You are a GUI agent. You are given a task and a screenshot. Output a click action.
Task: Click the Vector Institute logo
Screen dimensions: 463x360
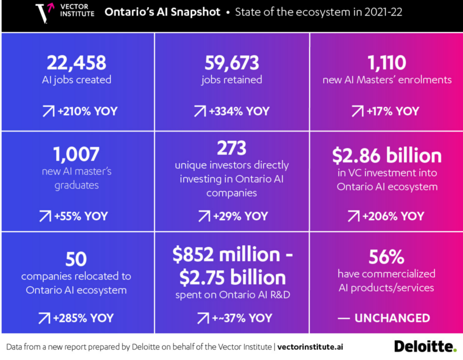(x=65, y=12)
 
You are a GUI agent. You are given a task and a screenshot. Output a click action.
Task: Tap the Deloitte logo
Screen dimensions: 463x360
(x=425, y=346)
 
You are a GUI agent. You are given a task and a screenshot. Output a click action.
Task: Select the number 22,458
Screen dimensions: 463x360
(x=76, y=63)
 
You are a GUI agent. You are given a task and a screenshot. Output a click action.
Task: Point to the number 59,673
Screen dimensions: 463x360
(x=232, y=63)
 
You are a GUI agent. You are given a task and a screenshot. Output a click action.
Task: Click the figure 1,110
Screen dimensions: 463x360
(x=387, y=62)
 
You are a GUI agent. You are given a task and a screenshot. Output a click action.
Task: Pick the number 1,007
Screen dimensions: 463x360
(x=76, y=154)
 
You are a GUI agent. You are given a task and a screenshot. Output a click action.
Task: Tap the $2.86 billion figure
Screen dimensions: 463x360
(x=387, y=156)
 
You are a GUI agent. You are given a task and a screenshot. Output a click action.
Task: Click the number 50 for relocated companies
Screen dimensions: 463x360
(x=76, y=259)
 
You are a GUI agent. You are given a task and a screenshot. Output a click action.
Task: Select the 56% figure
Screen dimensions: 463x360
(x=387, y=256)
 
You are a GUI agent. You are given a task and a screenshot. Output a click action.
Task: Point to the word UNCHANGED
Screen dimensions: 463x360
(x=392, y=318)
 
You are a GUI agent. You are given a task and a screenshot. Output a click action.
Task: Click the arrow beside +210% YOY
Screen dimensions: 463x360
(x=48, y=111)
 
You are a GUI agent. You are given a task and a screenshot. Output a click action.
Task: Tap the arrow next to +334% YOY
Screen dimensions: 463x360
(x=200, y=111)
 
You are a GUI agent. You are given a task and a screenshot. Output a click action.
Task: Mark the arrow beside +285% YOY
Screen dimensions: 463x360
(x=44, y=318)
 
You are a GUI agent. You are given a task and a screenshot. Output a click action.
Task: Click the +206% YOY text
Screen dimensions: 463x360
(x=393, y=216)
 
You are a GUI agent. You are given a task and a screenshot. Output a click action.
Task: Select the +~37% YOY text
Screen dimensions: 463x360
(x=242, y=318)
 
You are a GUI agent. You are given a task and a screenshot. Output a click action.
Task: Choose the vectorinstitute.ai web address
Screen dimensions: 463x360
(x=310, y=347)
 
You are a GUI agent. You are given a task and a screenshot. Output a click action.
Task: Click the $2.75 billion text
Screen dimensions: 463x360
(x=233, y=278)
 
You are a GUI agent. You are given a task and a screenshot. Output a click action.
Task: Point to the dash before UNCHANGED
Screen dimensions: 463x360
(x=344, y=318)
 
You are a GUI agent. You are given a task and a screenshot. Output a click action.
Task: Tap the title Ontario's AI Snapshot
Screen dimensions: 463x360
(x=162, y=12)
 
